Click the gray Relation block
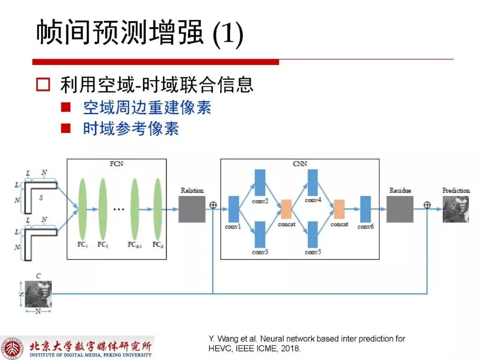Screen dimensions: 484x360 (192, 209)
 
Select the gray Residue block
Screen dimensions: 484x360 (400, 209)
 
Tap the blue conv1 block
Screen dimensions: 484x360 (233, 209)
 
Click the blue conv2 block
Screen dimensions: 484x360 (260, 183)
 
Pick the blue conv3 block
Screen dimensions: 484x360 (260, 235)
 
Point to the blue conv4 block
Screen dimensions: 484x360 (313, 183)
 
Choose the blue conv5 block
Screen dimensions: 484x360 (313, 235)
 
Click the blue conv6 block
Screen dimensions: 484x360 (366, 209)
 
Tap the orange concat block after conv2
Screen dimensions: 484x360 (286, 209)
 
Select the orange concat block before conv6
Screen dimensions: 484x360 (339, 209)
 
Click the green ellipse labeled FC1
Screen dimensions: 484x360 (82, 209)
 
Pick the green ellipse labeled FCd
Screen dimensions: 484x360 (158, 209)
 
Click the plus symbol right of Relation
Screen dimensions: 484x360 (213, 205)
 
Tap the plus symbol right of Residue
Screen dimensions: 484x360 (427, 205)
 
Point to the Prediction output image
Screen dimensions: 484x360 (456, 209)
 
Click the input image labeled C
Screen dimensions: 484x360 (38, 294)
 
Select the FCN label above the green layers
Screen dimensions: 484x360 (117, 164)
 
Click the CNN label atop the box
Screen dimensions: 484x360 (300, 164)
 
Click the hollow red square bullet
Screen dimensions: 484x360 (43, 85)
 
